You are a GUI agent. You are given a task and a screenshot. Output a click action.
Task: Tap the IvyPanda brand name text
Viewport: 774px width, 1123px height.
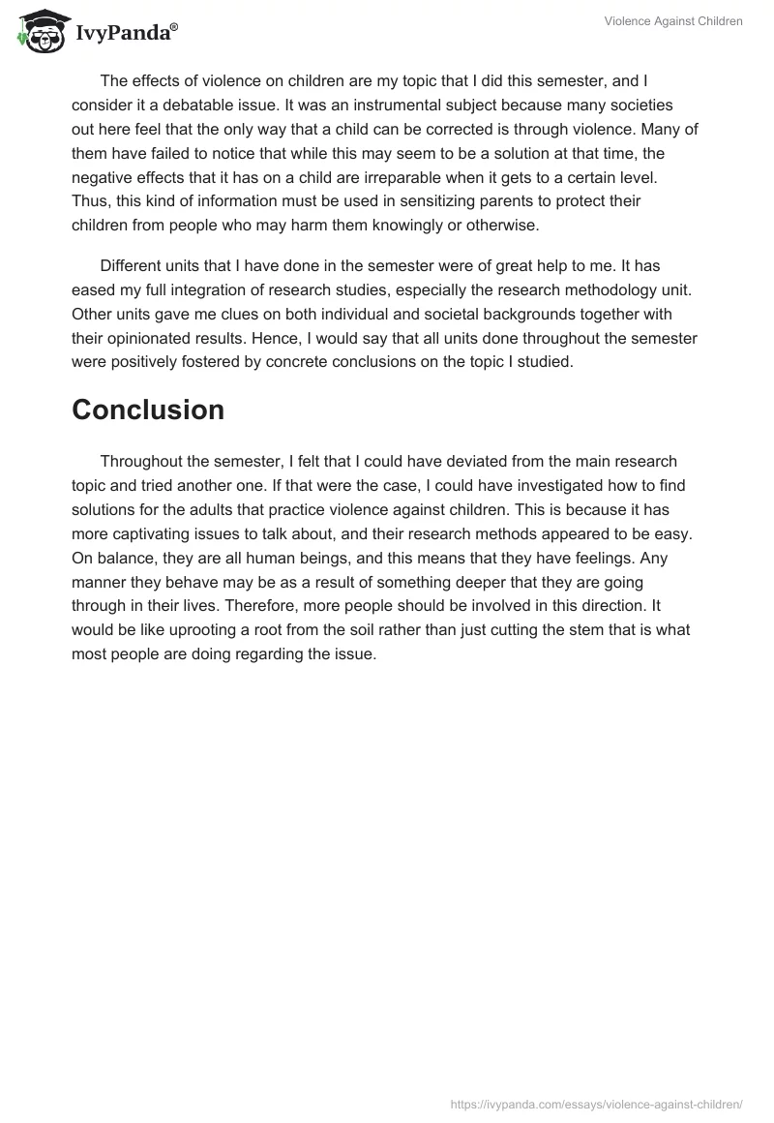[124, 33]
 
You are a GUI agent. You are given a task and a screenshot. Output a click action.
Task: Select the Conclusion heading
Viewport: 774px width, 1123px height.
[148, 410]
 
